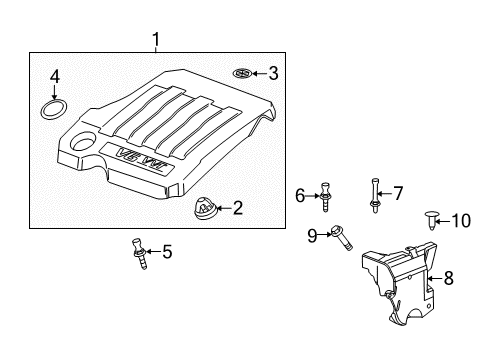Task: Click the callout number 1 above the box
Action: (x=155, y=39)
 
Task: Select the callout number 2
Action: (x=237, y=208)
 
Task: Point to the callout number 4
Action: (x=56, y=75)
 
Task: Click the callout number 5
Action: (x=166, y=252)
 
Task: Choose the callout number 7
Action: (x=397, y=192)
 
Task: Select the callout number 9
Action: (x=312, y=235)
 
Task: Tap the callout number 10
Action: (x=461, y=221)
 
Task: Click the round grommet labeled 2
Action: (x=204, y=209)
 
